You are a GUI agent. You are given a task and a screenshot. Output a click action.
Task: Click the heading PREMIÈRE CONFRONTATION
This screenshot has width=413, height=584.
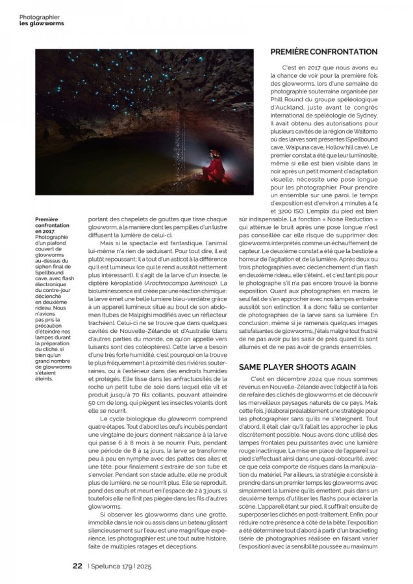click(x=327, y=51)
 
